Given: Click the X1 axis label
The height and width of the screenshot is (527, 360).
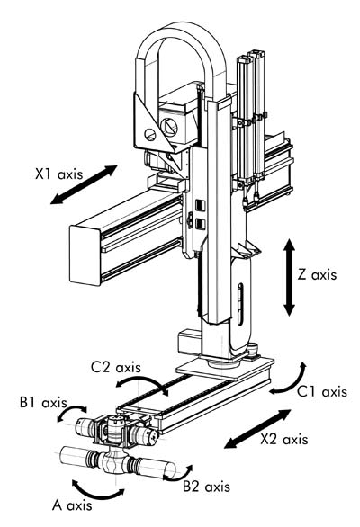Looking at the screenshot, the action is tap(58, 174).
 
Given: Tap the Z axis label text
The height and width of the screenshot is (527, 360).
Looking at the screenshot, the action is tap(317, 275).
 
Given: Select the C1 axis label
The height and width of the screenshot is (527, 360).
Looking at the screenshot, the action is tap(322, 392).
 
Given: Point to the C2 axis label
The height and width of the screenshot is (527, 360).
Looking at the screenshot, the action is tap(116, 367).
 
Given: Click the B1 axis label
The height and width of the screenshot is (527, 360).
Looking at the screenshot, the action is tap(43, 403).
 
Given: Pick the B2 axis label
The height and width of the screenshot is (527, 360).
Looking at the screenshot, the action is tap(207, 487).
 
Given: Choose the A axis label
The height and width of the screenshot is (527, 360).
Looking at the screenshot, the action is tap(72, 505).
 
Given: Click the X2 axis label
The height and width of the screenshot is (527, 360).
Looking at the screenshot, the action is tap(284, 439).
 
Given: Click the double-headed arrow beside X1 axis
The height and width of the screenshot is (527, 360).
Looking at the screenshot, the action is tap(84, 184).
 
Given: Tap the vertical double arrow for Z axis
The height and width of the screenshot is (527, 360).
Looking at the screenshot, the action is tap(289, 277).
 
